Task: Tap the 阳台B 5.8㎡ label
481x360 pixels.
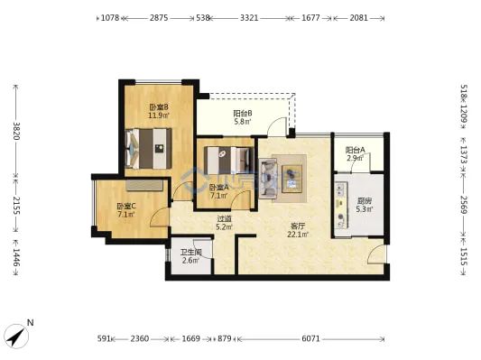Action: (243, 117)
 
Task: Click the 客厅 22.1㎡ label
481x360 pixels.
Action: (298, 230)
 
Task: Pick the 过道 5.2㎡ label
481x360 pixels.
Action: (224, 223)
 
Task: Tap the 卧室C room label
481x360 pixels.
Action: (126, 210)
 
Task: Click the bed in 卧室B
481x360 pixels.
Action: (149, 148)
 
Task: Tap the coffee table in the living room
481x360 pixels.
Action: (292, 179)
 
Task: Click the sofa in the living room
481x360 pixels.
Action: (268, 178)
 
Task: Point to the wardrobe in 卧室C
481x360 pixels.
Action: (144, 185)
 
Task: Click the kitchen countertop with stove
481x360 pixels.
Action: (341, 206)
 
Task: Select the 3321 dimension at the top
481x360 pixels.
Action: (249, 18)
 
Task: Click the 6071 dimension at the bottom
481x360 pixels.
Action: (310, 338)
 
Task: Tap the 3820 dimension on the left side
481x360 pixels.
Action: (16, 131)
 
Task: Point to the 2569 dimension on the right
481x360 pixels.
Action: (463, 205)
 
